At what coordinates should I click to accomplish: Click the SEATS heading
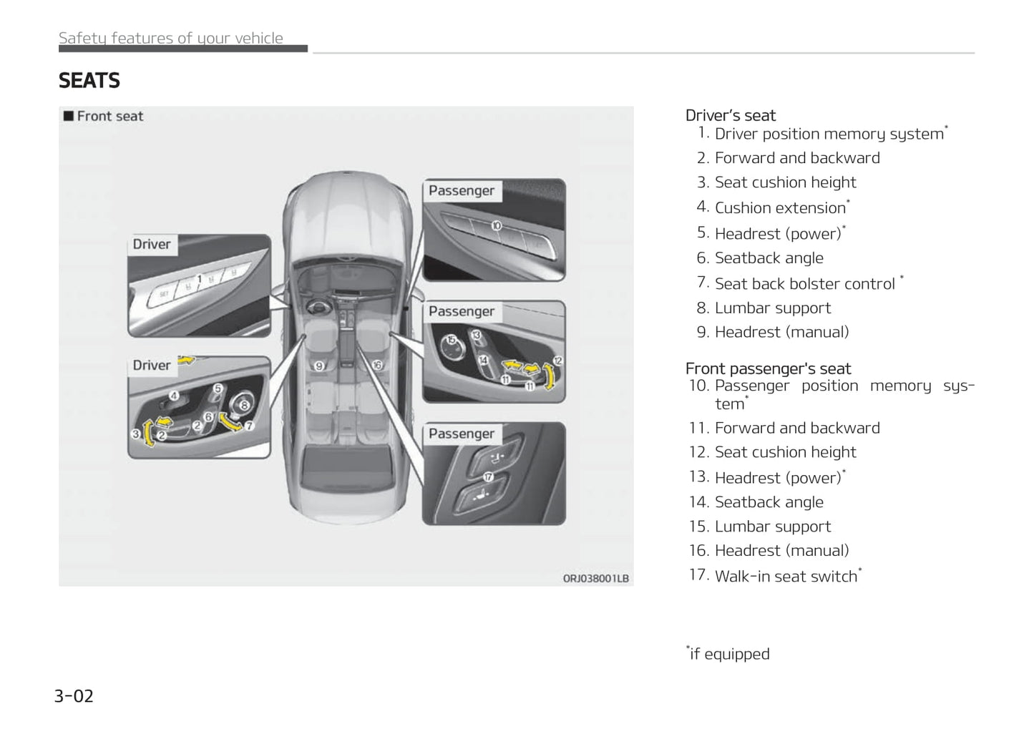(89, 80)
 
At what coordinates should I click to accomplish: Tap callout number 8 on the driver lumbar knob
(244, 405)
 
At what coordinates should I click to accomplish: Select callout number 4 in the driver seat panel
(174, 395)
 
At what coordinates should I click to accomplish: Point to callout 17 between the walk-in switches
(488, 476)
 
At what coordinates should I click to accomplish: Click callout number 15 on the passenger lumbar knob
(452, 340)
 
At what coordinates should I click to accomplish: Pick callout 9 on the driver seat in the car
(320, 366)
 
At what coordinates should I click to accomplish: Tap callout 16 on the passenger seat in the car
(377, 365)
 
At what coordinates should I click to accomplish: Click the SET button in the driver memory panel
(164, 294)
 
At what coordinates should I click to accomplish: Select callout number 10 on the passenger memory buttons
(496, 226)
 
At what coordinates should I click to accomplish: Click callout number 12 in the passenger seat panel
(557, 361)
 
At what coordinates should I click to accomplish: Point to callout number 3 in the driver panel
(135, 434)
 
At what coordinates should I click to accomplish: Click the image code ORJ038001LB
(595, 578)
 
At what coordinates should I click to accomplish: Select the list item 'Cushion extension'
(780, 207)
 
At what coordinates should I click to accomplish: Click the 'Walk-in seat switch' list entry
(786, 576)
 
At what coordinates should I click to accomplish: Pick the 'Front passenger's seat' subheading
(768, 368)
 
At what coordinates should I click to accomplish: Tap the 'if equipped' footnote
(728, 654)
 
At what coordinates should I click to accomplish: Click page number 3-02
(74, 696)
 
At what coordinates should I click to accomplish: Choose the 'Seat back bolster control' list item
(804, 283)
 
